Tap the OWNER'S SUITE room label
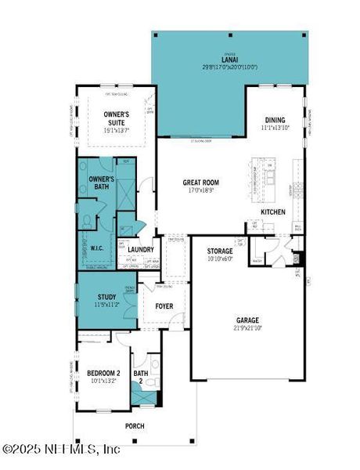click(121, 117)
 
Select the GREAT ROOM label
click(200, 183)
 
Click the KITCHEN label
click(273, 212)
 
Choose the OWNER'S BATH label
click(102, 183)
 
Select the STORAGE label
click(220, 251)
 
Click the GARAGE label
click(247, 320)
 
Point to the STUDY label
click(107, 297)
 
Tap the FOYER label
click(165, 306)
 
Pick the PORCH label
click(135, 427)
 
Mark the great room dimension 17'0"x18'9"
click(200, 190)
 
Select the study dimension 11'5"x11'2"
click(107, 305)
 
